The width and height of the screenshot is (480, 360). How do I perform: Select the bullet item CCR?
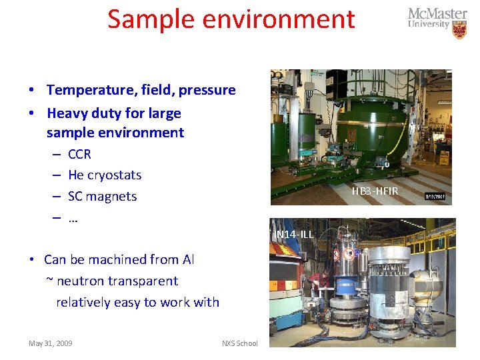pyautogui.click(x=79, y=154)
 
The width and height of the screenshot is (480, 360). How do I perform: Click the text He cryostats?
pyautogui.click(x=105, y=175)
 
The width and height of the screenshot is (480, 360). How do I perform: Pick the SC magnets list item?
pyautogui.click(x=102, y=197)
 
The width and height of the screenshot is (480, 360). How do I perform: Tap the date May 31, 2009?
pyautogui.click(x=51, y=343)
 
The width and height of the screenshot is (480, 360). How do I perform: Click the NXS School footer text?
pyautogui.click(x=239, y=343)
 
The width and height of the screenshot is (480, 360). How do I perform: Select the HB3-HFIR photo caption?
pyautogui.click(x=375, y=192)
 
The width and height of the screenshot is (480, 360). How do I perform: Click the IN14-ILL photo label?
pyautogui.click(x=294, y=235)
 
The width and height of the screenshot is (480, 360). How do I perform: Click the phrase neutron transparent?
pyautogui.click(x=117, y=281)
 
